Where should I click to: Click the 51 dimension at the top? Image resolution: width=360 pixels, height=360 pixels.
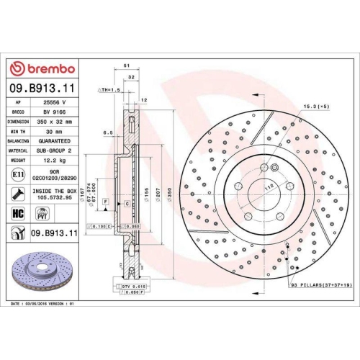[127, 65]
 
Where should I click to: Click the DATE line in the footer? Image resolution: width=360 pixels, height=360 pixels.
[43, 305]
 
